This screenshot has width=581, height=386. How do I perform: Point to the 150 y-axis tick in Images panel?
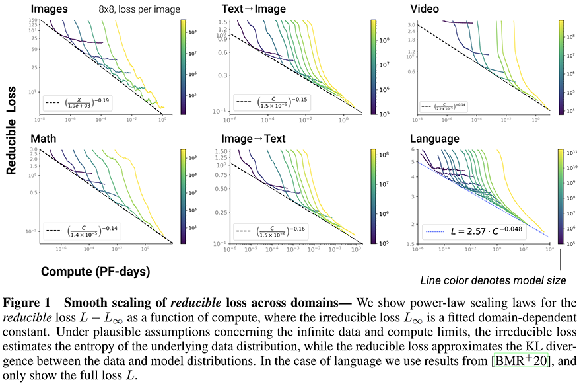(x=31, y=21)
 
